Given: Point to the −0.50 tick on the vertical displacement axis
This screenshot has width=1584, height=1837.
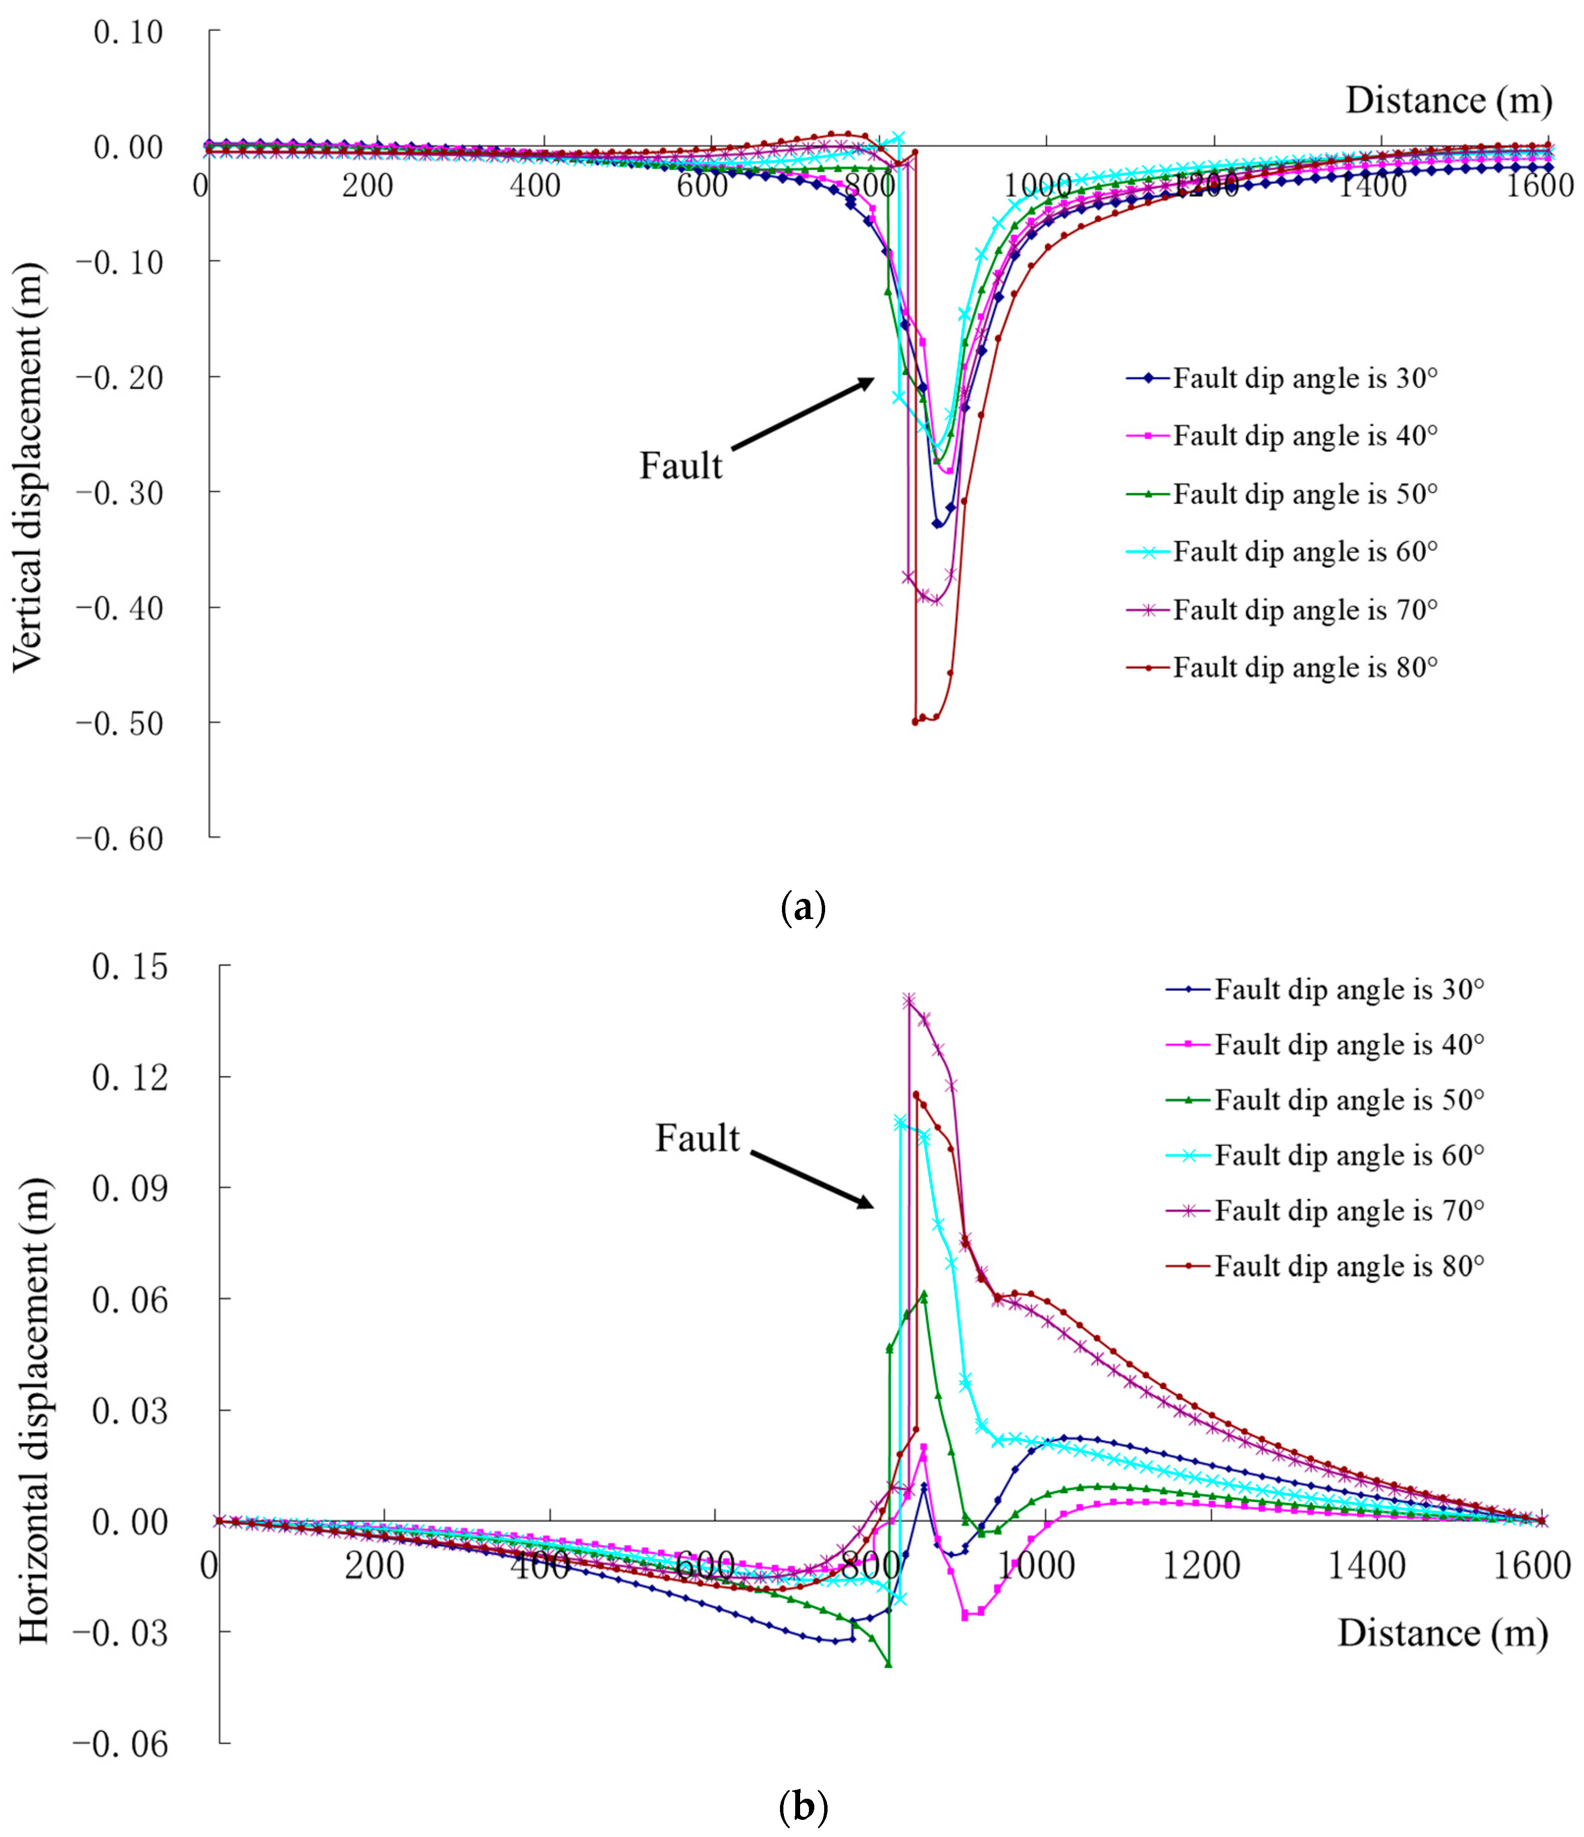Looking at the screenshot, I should (120, 723).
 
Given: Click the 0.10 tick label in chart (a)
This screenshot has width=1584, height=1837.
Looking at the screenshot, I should (129, 32).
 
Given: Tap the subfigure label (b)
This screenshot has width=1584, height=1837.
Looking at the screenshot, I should (803, 1806).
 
